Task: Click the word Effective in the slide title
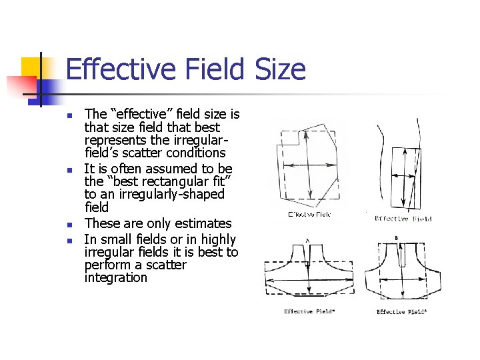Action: tap(113, 70)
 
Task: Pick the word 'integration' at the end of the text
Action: tap(115, 277)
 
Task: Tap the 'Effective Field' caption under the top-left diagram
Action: tap(309, 214)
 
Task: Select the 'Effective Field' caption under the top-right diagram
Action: tap(403, 219)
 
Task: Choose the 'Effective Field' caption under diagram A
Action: tap(309, 311)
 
